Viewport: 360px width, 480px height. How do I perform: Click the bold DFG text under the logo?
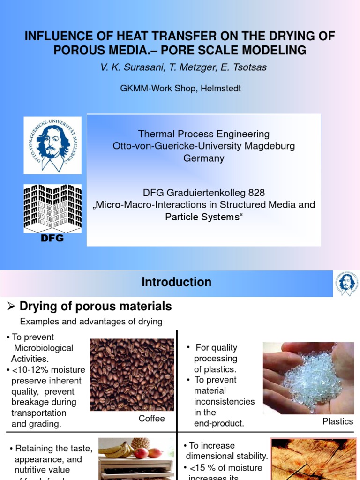(x=52, y=238)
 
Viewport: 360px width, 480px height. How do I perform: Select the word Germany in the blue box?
(x=203, y=158)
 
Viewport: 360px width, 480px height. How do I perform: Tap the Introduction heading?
(x=176, y=282)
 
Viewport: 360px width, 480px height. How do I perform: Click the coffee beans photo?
(x=132, y=375)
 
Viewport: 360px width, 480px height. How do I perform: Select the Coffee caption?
(x=152, y=419)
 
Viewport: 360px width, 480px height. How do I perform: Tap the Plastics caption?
(x=337, y=421)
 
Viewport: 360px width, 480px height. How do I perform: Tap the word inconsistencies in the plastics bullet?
(x=224, y=402)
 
